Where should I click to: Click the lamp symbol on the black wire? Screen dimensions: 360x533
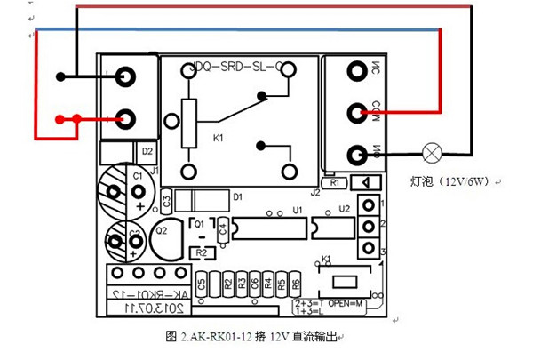[x=433, y=154]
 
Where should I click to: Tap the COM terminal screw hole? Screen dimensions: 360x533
[x=357, y=113]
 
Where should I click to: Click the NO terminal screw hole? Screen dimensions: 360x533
[x=357, y=155]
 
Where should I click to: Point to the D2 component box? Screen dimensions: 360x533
[x=147, y=152]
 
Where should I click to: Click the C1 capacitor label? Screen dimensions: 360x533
[x=138, y=176]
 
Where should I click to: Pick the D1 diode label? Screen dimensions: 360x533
[x=237, y=196]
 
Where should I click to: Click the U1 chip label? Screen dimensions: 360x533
[x=298, y=210]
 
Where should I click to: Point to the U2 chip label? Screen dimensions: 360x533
[x=344, y=210]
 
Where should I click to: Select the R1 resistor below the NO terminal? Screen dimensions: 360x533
[x=334, y=182]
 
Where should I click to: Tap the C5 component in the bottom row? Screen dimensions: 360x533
[x=202, y=285]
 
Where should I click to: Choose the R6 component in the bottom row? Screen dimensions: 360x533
[x=296, y=285]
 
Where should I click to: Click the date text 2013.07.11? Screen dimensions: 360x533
[x=142, y=307]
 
